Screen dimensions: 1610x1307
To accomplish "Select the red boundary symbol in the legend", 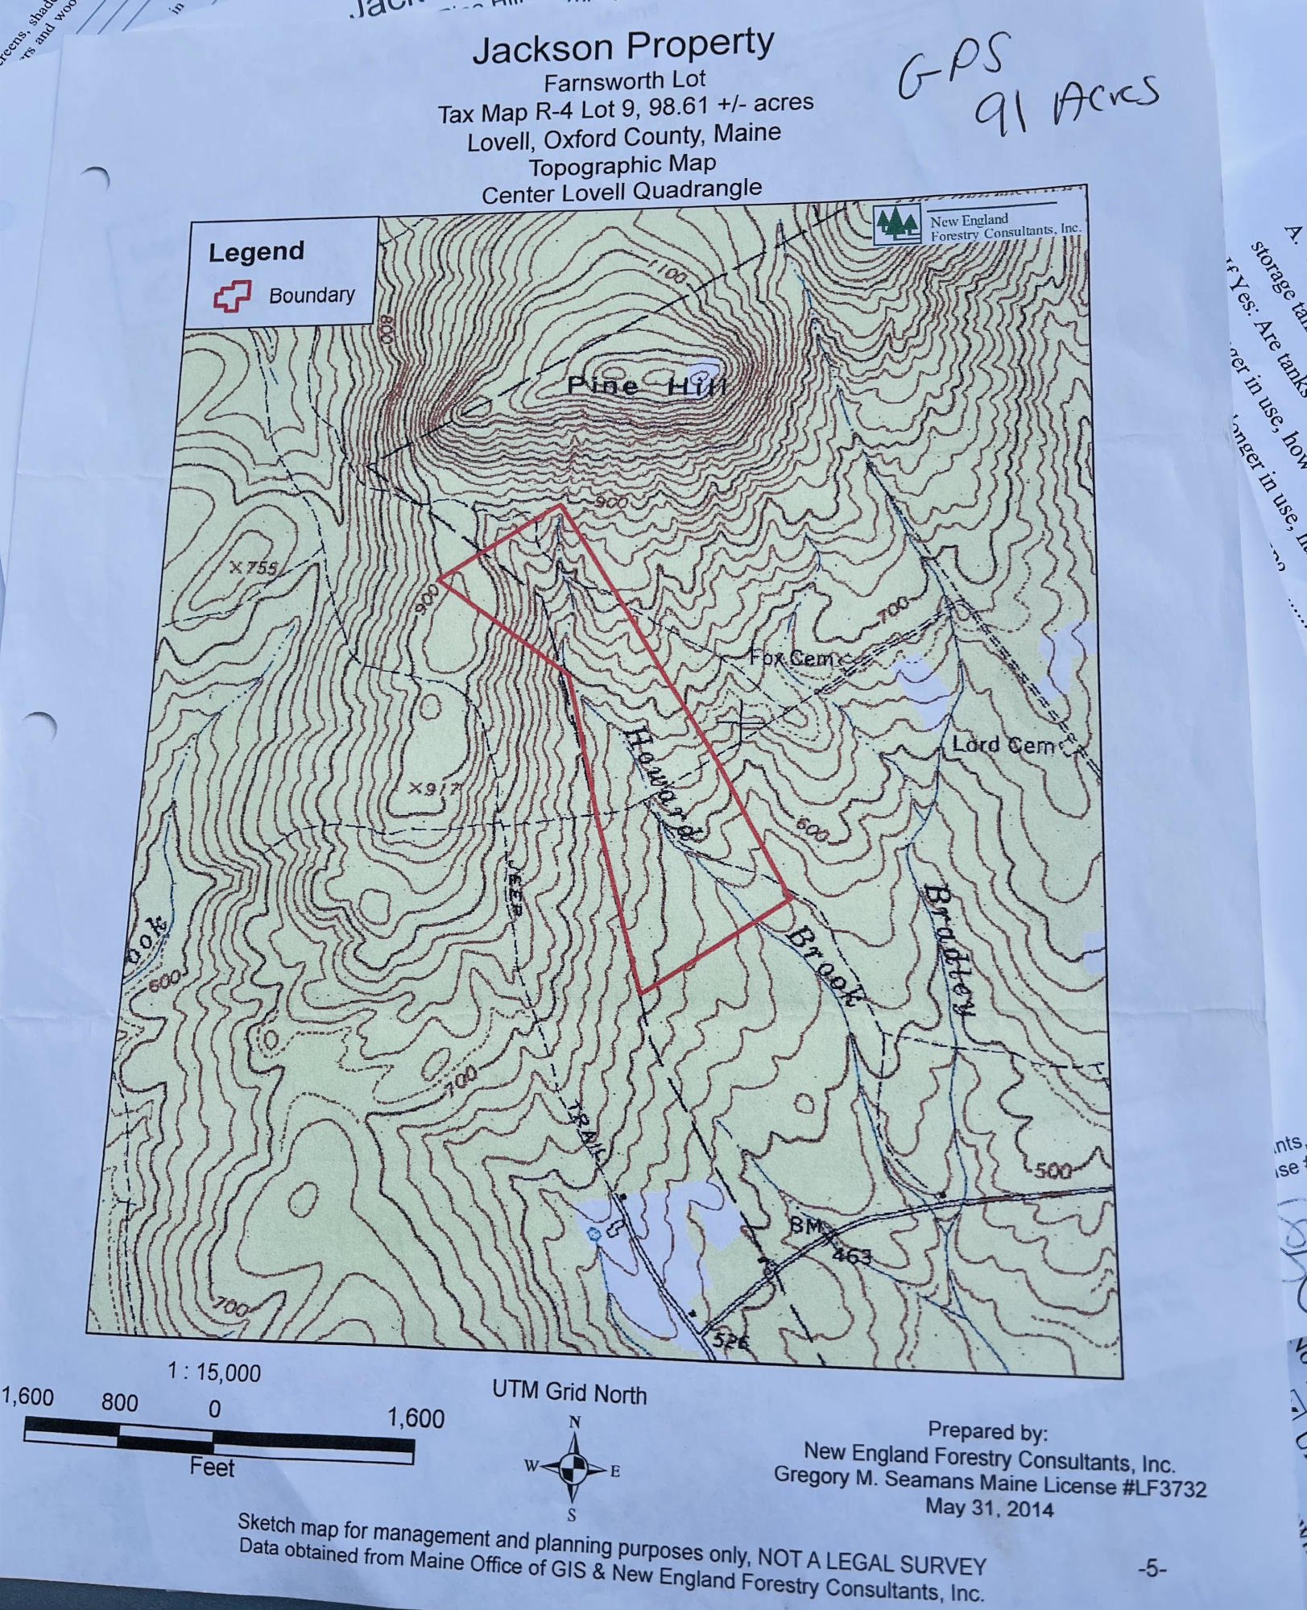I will (232, 296).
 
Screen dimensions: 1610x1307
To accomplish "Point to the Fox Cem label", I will (793, 658).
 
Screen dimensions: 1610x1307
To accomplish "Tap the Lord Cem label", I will (1003, 745).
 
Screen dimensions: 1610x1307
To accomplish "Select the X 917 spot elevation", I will (434, 788).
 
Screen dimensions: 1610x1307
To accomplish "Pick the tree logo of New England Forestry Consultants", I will (897, 222).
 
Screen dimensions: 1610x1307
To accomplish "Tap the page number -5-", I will (1152, 1568).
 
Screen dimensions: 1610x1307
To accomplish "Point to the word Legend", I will (256, 252).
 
